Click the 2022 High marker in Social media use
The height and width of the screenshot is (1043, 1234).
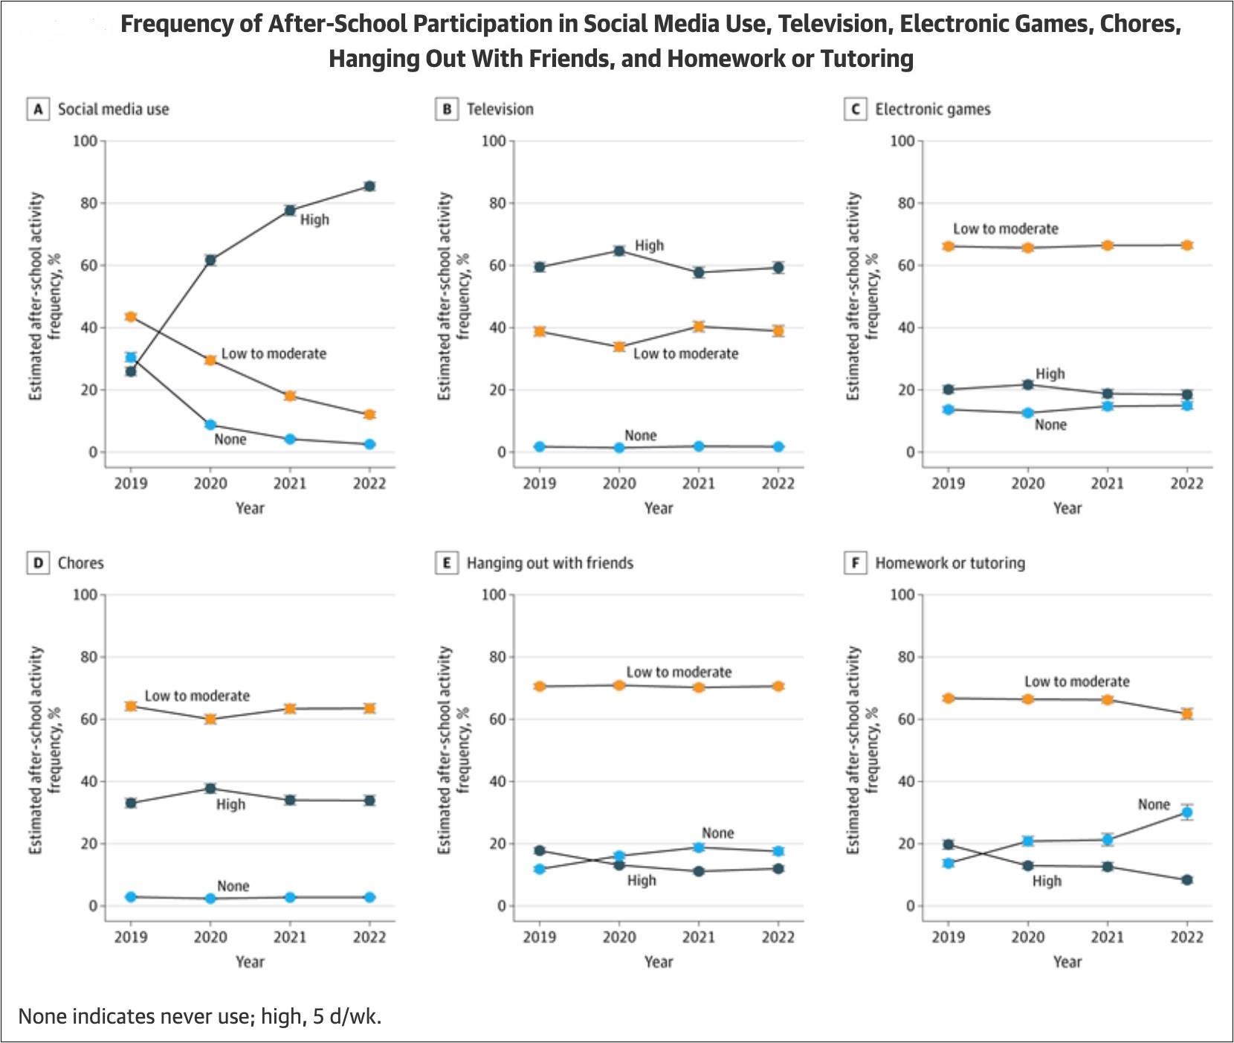[x=369, y=186]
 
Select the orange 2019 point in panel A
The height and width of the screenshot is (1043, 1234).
[x=131, y=317]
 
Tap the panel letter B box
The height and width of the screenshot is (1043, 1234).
[x=447, y=109]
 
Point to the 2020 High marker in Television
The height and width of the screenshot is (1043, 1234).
[x=619, y=251]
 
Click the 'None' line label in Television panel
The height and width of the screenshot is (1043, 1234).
[x=640, y=435]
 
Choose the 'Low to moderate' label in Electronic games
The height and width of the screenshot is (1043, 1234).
[x=1005, y=229]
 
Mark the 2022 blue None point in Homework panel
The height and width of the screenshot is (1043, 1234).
[x=1186, y=812]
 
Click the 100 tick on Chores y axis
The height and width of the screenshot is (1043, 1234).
[x=85, y=594]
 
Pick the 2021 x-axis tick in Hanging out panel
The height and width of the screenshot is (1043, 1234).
[x=698, y=937]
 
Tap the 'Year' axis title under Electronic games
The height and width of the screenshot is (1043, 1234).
[x=1067, y=508]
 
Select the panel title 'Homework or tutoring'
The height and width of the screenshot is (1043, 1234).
[x=949, y=563]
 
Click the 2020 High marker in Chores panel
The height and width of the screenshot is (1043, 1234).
[x=210, y=789]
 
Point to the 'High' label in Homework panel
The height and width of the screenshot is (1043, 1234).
[x=1047, y=881]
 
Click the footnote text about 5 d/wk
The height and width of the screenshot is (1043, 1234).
[x=199, y=1016]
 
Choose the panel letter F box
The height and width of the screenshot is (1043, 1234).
[x=856, y=563]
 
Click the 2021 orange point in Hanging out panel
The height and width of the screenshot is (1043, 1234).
[x=698, y=687]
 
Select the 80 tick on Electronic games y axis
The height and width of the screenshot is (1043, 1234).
[x=905, y=203]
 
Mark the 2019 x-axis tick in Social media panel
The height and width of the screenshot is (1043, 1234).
[x=131, y=484]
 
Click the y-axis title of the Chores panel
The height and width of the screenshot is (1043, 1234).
[x=45, y=750]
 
